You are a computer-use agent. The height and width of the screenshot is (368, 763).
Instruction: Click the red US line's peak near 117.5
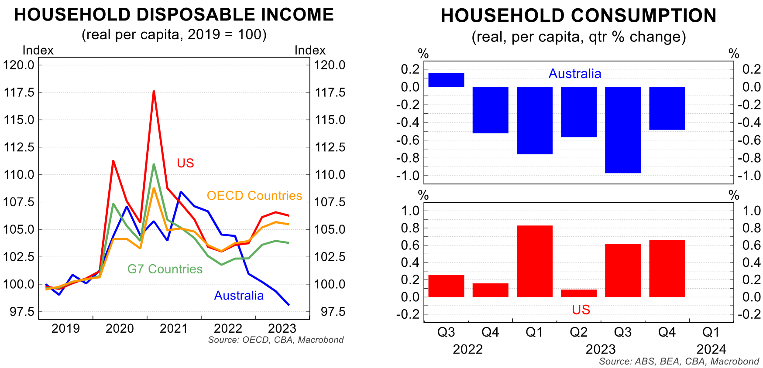click(x=154, y=91)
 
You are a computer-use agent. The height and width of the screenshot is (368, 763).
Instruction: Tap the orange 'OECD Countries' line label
click(x=254, y=195)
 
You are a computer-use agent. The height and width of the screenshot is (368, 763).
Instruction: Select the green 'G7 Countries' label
click(x=165, y=269)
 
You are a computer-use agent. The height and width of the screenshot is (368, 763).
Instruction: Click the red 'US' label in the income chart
click(x=185, y=163)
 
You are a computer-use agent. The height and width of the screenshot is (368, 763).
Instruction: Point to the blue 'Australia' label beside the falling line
click(x=239, y=296)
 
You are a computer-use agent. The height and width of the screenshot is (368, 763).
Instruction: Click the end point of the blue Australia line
click(x=289, y=305)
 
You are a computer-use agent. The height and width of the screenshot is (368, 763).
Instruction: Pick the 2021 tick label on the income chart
click(x=173, y=328)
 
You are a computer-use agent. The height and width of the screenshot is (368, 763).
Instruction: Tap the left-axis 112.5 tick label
click(x=19, y=147)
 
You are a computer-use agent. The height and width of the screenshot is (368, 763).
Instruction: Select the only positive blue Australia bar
click(x=446, y=80)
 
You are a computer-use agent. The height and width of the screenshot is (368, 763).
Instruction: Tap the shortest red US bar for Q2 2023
click(x=578, y=293)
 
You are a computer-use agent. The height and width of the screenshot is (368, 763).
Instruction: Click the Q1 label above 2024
click(x=711, y=332)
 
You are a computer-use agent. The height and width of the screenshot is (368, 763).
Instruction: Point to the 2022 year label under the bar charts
click(x=467, y=349)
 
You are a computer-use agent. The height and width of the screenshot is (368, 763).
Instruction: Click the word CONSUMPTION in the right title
click(x=644, y=16)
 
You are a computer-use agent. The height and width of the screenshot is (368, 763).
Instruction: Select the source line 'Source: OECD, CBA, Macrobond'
click(x=276, y=340)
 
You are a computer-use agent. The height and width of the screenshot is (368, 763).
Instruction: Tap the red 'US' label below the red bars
click(x=581, y=310)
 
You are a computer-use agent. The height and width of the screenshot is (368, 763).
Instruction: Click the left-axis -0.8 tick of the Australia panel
click(x=407, y=158)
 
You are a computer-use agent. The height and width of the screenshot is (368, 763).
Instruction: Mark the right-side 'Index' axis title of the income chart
click(x=310, y=50)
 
